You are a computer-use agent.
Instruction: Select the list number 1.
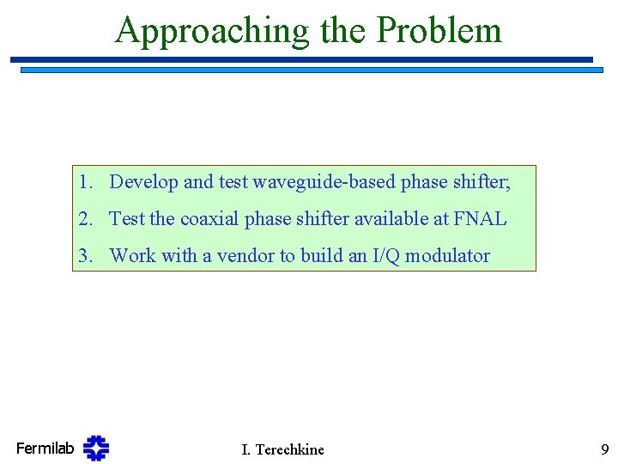pos(83,182)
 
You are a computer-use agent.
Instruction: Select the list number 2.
pos(83,219)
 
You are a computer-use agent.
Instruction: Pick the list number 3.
pos(83,255)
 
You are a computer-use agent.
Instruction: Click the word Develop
pos(143,182)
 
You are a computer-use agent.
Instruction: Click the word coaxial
pos(210,219)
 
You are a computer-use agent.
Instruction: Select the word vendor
pos(227,255)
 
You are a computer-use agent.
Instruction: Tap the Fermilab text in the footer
pos(45,448)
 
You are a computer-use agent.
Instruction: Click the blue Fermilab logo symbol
pos(96,448)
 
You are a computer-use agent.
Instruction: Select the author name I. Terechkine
pos(283,449)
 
